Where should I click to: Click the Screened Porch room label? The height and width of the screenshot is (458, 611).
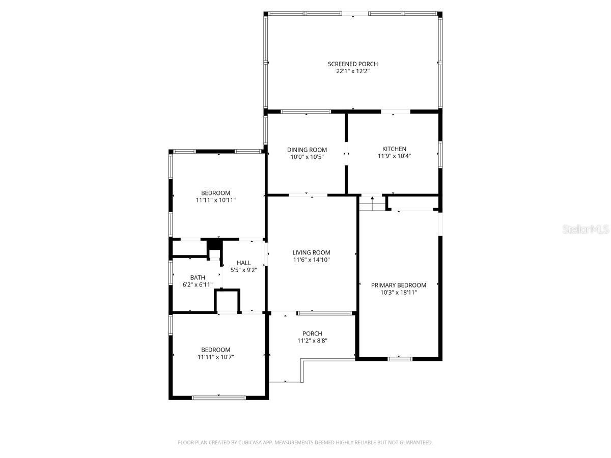coord(352,64)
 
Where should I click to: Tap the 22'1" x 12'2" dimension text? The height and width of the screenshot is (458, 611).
coord(352,72)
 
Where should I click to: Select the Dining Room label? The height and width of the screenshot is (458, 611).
coord(307,150)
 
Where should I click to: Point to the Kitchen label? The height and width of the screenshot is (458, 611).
coord(394,149)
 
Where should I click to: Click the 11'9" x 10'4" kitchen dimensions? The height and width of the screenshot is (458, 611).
coord(394,156)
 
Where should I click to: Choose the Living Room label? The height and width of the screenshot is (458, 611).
coord(311,252)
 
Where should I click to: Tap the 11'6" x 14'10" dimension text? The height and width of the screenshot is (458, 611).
coord(311,260)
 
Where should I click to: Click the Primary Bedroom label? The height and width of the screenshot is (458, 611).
coord(398,285)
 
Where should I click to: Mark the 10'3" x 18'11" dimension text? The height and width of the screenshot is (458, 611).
coord(398,293)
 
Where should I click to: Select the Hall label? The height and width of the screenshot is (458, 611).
coord(243,263)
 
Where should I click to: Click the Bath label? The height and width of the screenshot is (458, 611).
coord(198,277)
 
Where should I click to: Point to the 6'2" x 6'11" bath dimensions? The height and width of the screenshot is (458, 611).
coord(198,285)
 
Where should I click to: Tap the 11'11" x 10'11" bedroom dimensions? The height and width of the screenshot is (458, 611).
coord(215,201)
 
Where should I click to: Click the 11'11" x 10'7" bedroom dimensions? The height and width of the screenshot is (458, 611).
coord(215,357)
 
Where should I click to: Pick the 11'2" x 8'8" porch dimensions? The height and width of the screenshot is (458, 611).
coord(312,341)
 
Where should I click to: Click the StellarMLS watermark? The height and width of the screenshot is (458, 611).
coord(586,230)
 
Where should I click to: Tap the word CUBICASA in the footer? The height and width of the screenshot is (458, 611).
coord(251,443)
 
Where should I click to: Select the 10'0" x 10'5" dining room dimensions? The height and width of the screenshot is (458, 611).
coord(307,157)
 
